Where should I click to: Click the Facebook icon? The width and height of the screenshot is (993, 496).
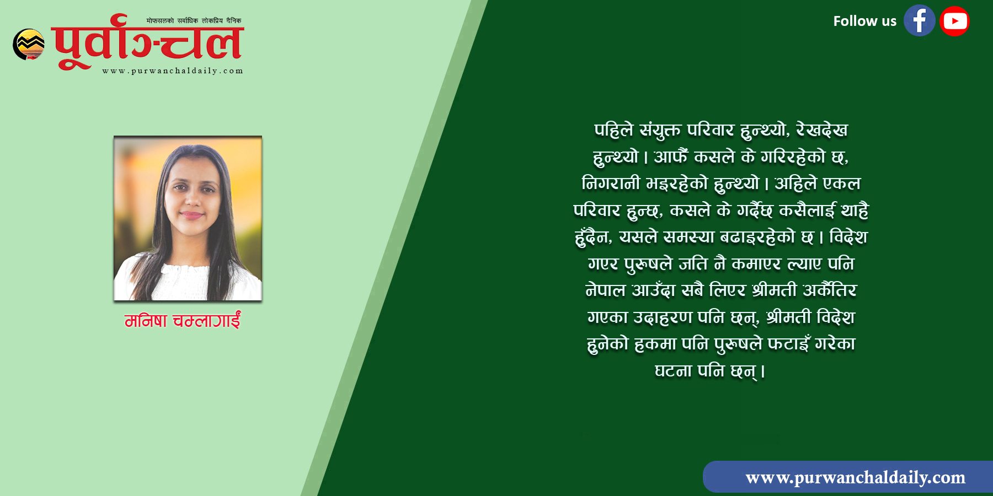click(x=919, y=21)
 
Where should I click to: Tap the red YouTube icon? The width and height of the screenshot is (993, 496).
click(x=955, y=21)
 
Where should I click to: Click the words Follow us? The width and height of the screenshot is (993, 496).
click(x=864, y=21)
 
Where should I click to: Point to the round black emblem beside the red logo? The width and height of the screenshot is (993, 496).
click(x=29, y=44)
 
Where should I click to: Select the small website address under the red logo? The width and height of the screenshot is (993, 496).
click(x=173, y=71)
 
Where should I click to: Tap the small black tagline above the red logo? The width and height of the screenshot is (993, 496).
click(x=194, y=21)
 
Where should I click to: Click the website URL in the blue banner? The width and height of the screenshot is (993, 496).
click(x=855, y=477)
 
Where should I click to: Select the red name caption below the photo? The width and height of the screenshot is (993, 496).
click(x=183, y=320)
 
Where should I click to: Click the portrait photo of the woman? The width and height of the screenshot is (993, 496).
click(x=188, y=218)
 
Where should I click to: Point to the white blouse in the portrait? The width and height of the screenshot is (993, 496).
click(x=188, y=278)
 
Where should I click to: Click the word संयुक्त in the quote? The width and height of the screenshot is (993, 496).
click(x=659, y=131)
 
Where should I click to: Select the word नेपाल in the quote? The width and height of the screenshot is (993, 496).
click(x=605, y=290)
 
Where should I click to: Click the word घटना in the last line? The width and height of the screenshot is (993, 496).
click(x=673, y=371)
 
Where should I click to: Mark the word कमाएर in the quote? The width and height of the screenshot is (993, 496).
click(x=756, y=264)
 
